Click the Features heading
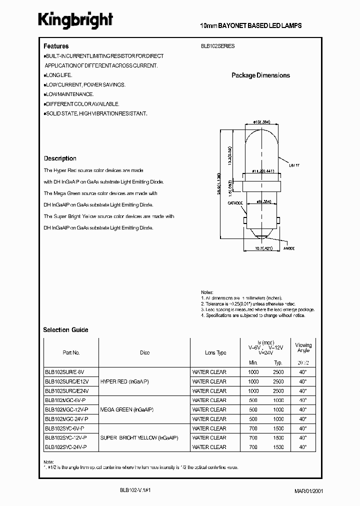tap(56, 46)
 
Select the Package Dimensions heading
tap(260, 75)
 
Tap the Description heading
tap(60, 158)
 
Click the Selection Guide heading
tap(65, 330)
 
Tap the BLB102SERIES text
tap(217, 46)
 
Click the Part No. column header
tap(71, 352)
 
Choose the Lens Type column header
tap(215, 352)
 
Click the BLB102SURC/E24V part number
tap(65, 391)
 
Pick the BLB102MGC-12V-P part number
tap(66, 409)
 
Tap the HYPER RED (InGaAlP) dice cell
tap(124, 381)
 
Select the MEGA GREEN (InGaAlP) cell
tap(127, 409)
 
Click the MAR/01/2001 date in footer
tap(316, 491)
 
